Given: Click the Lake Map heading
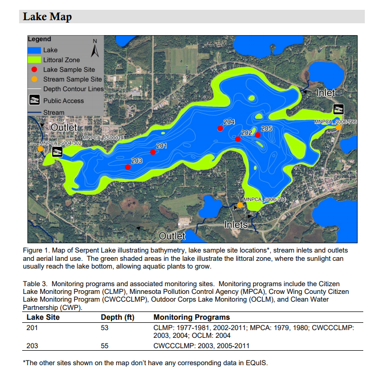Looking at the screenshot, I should [x=47, y=17].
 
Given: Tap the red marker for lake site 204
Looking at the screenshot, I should [x=220, y=128].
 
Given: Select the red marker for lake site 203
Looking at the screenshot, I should [x=128, y=167].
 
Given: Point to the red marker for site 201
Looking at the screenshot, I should [x=153, y=152].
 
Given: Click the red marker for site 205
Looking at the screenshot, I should [x=258, y=135].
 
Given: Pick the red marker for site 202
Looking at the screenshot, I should [x=238, y=139].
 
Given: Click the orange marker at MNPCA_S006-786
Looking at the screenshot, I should [x=338, y=127].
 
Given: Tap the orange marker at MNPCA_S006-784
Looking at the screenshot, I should [x=240, y=205].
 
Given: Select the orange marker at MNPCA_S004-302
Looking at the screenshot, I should [x=40, y=149].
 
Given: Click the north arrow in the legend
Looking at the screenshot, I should [x=94, y=49].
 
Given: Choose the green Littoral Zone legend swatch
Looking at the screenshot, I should [x=35, y=60].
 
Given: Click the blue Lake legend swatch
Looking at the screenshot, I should [x=35, y=50].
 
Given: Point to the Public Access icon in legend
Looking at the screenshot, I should [x=34, y=100].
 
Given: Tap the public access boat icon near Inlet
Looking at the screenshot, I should [x=338, y=109].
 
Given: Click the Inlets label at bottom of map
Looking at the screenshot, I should [x=236, y=225].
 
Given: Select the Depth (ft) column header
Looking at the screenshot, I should [x=120, y=317].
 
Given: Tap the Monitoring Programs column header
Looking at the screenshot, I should [x=191, y=317].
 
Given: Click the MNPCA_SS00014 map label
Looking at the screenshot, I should [x=103, y=138].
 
